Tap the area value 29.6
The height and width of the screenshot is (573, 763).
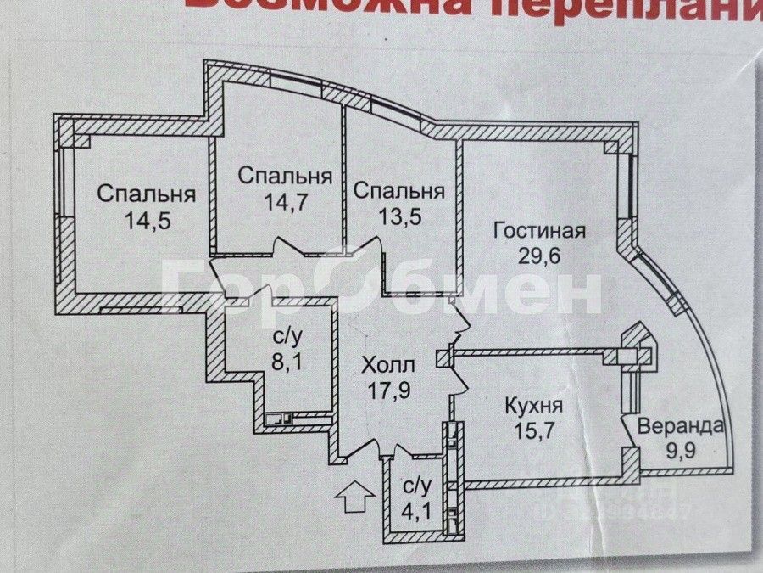pyautogui.click(x=540, y=256)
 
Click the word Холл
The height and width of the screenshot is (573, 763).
pyautogui.click(x=388, y=367)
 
